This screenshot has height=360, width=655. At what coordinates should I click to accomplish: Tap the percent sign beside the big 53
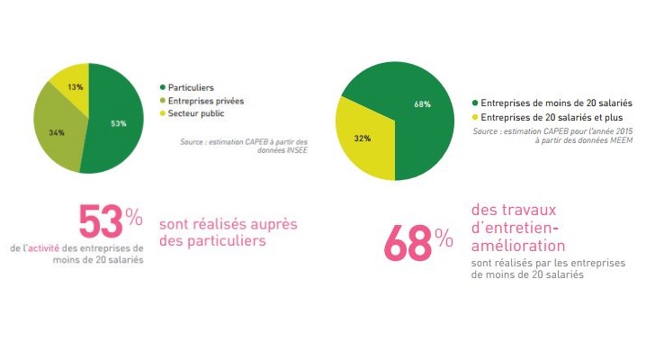(133, 216)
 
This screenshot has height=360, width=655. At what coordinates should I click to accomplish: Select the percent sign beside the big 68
(444, 238)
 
